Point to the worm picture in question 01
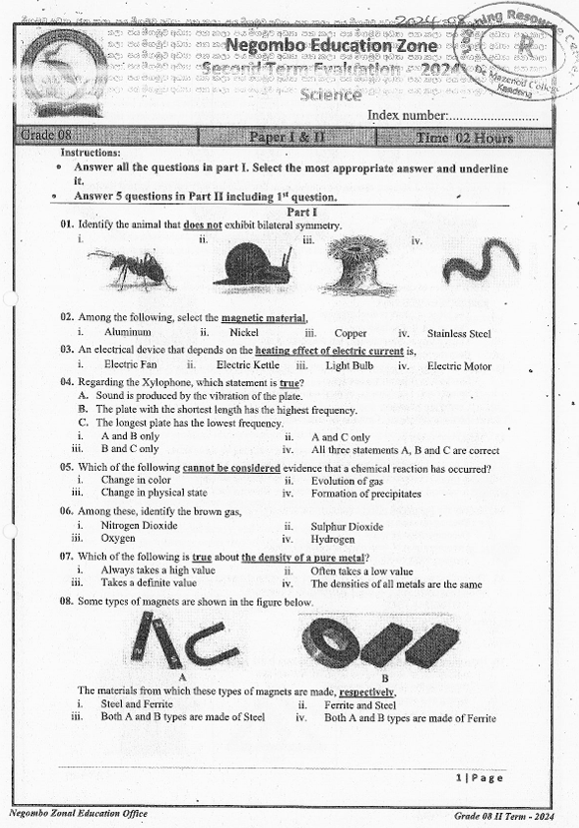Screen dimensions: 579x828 pyautogui.click(x=480, y=264)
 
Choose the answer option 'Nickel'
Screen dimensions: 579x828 pyautogui.click(x=244, y=332)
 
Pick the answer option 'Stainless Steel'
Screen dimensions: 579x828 pyautogui.click(x=458, y=333)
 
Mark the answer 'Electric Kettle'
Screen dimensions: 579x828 pyautogui.click(x=247, y=366)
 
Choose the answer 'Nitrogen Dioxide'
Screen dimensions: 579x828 pyautogui.click(x=139, y=525)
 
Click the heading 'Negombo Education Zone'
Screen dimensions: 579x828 pyautogui.click(x=319, y=46)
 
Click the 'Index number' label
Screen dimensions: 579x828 pyautogui.click(x=407, y=116)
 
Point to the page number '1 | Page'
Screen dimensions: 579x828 pyautogui.click(x=479, y=777)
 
